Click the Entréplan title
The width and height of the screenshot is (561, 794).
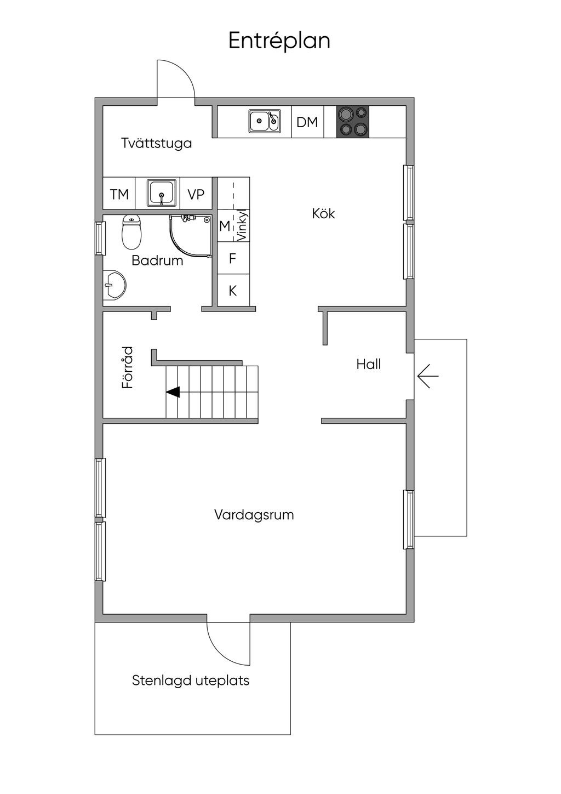click(279, 41)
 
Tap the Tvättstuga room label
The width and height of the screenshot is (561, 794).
click(156, 144)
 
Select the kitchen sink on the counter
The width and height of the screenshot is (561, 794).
click(265, 121)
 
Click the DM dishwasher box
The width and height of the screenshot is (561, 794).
click(307, 122)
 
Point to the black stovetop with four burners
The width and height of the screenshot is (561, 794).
click(352, 121)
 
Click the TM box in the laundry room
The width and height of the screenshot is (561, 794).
click(119, 194)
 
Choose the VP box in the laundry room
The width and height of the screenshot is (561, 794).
click(196, 194)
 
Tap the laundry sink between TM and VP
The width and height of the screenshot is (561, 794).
click(162, 193)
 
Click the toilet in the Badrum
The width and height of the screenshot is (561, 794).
click(131, 232)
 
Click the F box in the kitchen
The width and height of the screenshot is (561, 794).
click(233, 258)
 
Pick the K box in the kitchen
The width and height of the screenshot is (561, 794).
click(233, 291)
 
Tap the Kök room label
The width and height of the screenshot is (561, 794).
click(323, 213)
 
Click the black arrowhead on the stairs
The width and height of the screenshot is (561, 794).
click(173, 392)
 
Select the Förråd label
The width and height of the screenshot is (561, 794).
click(127, 367)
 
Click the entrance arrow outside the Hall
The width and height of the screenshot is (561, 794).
click(427, 377)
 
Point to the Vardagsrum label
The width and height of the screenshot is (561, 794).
click(254, 515)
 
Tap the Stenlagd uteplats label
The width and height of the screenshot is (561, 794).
click(191, 680)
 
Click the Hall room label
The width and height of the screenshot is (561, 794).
click(368, 364)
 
